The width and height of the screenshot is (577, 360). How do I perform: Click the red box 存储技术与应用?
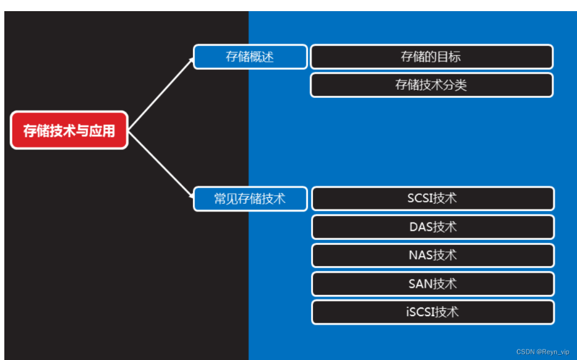point(69,131)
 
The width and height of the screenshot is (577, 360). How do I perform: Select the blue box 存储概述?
point(250,57)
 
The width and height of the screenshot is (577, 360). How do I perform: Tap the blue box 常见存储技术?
point(250,199)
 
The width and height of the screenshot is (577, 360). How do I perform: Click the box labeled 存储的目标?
point(431,57)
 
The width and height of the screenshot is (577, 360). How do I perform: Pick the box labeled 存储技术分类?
point(431,85)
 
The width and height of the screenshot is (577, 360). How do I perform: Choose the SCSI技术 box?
point(432,199)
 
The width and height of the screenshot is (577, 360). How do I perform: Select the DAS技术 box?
point(432,227)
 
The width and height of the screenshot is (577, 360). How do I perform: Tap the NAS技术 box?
point(432,255)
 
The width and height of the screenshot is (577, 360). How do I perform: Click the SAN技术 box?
point(432,284)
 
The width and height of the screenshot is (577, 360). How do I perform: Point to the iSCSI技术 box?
point(432,312)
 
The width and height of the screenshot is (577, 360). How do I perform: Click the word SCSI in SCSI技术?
point(421,199)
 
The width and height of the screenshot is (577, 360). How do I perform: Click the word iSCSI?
point(420,312)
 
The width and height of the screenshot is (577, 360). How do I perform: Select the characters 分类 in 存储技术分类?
point(455,85)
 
